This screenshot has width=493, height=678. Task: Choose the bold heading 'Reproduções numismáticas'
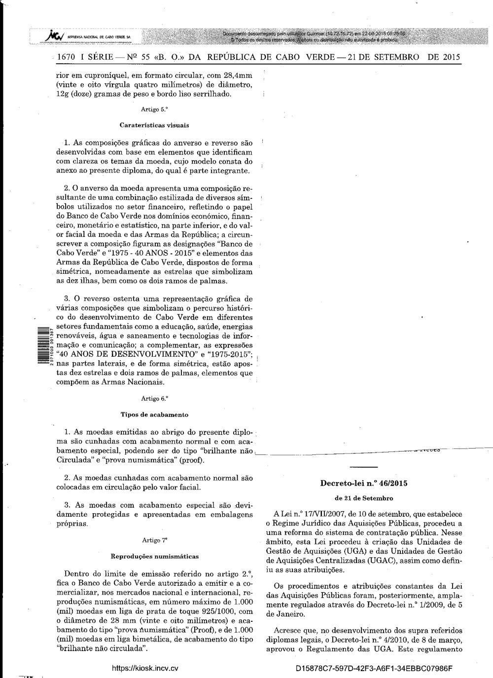coord(154,556)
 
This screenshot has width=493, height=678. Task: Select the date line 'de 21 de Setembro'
coord(364,498)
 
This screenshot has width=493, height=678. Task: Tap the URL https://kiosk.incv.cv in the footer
coord(145,668)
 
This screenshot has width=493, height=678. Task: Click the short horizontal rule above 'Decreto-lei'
coord(364,467)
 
